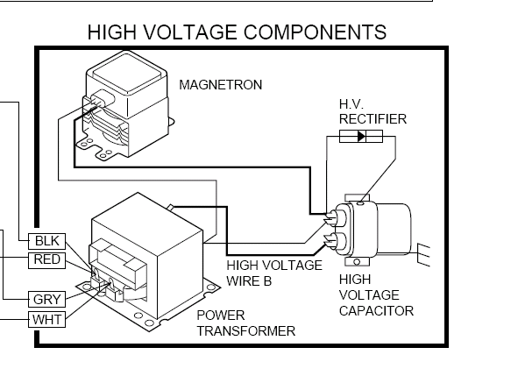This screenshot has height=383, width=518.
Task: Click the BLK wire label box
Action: click(x=47, y=241)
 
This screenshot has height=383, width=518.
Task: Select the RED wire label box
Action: click(x=47, y=260)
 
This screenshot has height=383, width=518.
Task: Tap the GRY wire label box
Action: click(x=47, y=300)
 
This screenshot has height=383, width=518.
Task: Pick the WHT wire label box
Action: click(x=47, y=320)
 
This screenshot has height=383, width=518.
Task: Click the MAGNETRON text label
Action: click(x=220, y=85)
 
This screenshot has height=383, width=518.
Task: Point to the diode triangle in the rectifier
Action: click(x=362, y=136)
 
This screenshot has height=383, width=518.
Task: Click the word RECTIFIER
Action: click(x=373, y=119)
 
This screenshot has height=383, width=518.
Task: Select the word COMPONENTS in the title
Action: click(x=315, y=32)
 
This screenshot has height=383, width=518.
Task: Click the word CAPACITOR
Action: click(x=376, y=311)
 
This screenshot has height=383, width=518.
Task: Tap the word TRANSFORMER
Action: click(x=246, y=331)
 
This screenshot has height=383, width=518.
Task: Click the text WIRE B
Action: click(x=249, y=281)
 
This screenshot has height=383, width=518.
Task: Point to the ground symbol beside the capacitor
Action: click(x=424, y=255)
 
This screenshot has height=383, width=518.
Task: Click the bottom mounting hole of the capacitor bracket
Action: click(x=357, y=262)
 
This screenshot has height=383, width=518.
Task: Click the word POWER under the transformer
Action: click(x=221, y=316)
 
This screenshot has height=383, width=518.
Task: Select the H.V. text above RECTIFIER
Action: click(x=351, y=104)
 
